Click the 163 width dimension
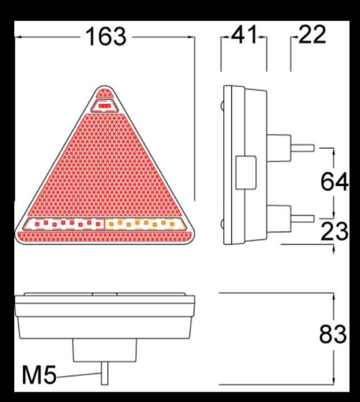[x=105, y=36]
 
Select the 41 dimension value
[x=244, y=36]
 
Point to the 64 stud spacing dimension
[x=334, y=182]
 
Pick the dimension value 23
[x=334, y=232]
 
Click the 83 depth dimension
[x=333, y=334]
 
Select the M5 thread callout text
[x=39, y=375]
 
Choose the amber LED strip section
[x=146, y=224]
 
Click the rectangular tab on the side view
[x=245, y=173]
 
